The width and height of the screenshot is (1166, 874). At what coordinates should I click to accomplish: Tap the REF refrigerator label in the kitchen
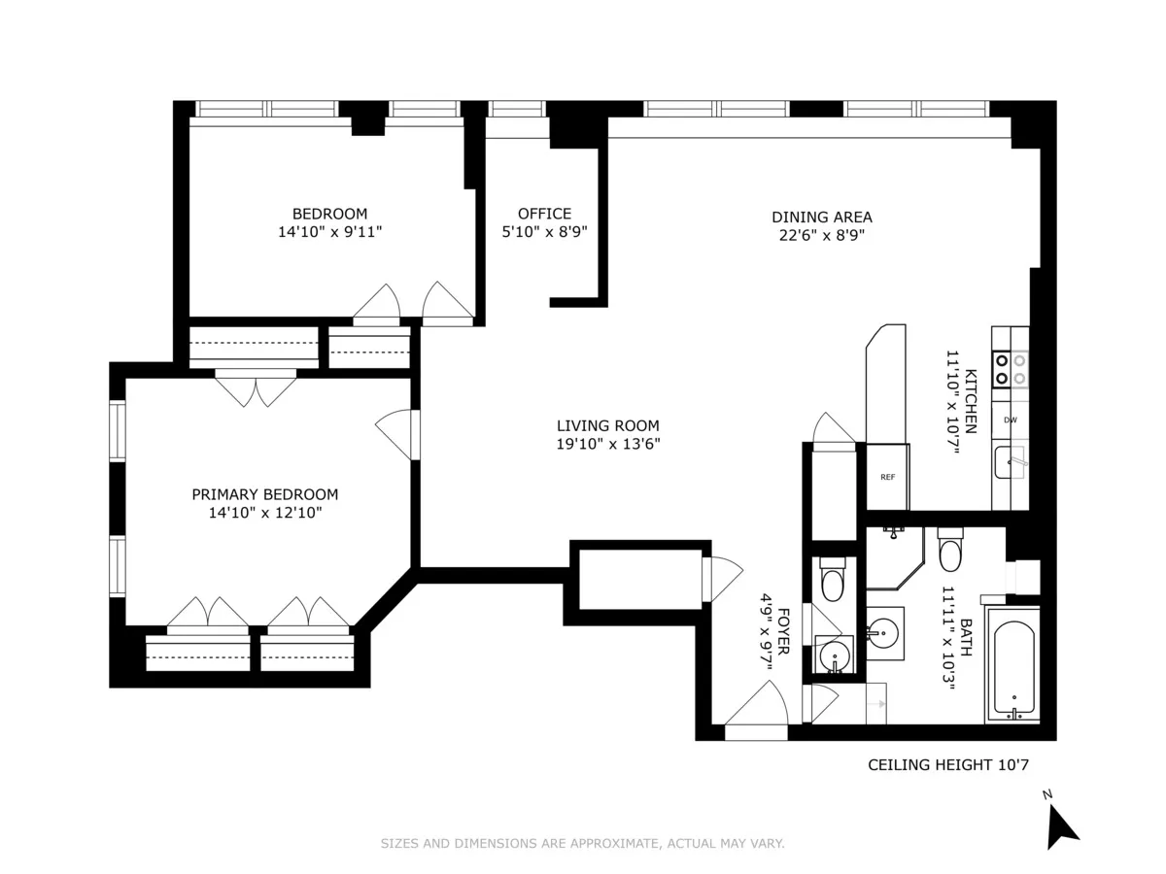pyautogui.click(x=887, y=477)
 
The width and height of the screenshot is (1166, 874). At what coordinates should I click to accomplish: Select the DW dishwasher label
pyautogui.click(x=1011, y=420)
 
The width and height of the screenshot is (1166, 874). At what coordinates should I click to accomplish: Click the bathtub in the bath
pyautogui.click(x=1012, y=664)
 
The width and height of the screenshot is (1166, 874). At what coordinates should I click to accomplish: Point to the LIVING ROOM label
pyautogui.click(x=607, y=425)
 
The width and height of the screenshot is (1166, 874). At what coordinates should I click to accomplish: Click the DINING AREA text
pyautogui.click(x=821, y=217)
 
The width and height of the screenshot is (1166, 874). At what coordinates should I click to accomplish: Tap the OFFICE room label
pyautogui.click(x=544, y=214)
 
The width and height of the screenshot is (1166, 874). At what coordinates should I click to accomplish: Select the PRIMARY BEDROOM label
pyautogui.click(x=264, y=494)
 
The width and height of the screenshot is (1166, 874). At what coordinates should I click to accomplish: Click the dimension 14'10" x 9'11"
pyautogui.click(x=330, y=232)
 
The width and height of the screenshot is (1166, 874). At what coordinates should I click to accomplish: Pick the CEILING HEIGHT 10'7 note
pyautogui.click(x=947, y=765)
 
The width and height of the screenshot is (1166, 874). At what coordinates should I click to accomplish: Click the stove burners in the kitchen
pyautogui.click(x=1010, y=368)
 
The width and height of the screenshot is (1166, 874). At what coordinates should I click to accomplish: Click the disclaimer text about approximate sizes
pyautogui.click(x=582, y=844)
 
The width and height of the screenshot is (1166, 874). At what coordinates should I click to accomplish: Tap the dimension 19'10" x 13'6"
pyautogui.click(x=607, y=444)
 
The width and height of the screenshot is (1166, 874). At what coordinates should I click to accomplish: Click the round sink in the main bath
pyautogui.click(x=884, y=632)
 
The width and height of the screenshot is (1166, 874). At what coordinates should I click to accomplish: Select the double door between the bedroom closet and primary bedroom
pyautogui.click(x=255, y=387)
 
